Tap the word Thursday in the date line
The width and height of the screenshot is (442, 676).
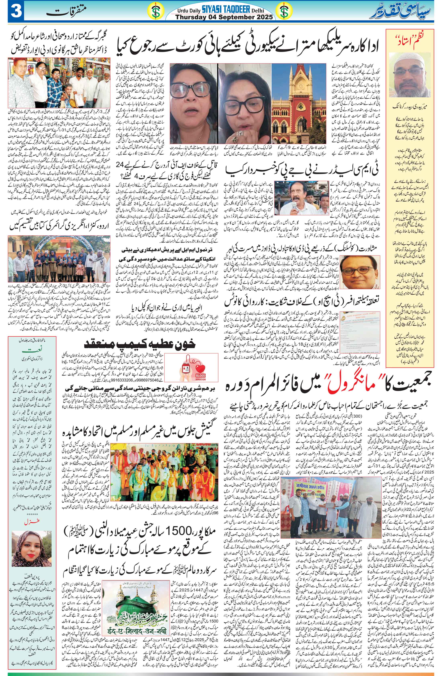[190, 17]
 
